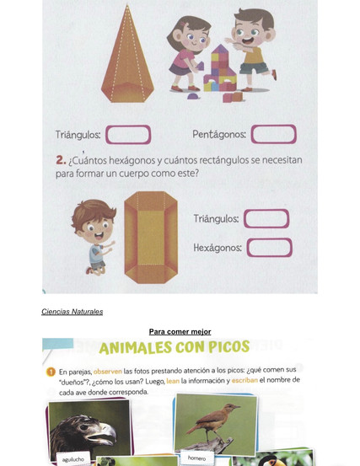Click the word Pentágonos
[219, 134]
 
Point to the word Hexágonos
[218, 248]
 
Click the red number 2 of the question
[61, 160]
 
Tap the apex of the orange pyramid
[127, 5]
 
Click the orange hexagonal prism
[151, 237]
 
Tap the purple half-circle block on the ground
[193, 96]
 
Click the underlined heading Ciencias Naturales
[73, 312]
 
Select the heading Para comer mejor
[180, 331]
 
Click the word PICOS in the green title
[229, 346]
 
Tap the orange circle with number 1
[51, 372]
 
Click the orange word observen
[108, 371]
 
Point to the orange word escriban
[244, 381]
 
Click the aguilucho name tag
[73, 459]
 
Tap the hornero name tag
[196, 458]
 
